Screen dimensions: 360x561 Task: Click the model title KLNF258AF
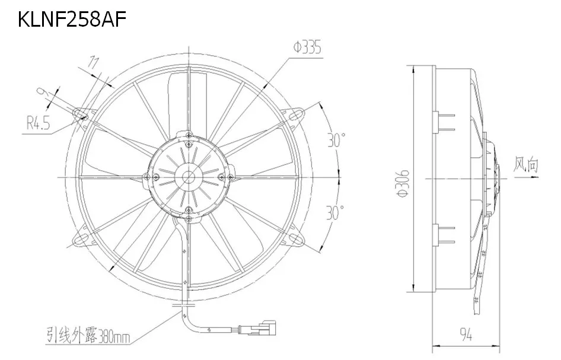[x=72, y=19]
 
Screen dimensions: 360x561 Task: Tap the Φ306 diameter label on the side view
[x=403, y=179]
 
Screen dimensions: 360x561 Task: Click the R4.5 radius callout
[x=37, y=124]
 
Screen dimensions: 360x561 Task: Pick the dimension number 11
[x=93, y=61]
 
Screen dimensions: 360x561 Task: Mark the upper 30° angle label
[x=336, y=141]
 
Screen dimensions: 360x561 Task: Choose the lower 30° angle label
[x=336, y=211]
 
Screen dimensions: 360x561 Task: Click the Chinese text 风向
[x=525, y=164]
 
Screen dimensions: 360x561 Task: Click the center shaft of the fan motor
[x=189, y=176]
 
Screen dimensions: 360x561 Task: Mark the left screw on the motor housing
[x=156, y=176]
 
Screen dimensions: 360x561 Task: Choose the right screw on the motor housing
[x=221, y=176]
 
